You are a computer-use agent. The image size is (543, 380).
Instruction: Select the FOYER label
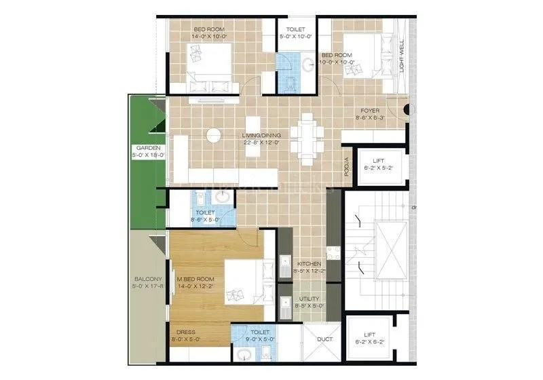[x=370, y=111]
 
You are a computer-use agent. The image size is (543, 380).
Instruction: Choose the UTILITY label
[x=307, y=299]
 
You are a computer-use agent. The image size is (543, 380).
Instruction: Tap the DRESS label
[x=186, y=332]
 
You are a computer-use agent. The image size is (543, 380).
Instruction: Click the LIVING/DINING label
[x=261, y=136]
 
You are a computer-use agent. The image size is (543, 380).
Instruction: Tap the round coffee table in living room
[x=214, y=134]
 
